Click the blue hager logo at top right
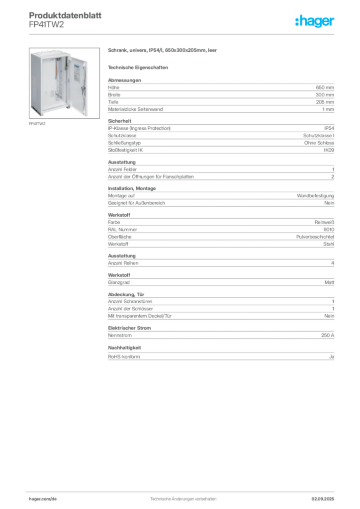pos(315,21)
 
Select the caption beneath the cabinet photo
pos(37,124)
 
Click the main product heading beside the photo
pos(163,51)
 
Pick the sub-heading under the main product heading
pos(139,67)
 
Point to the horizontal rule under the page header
pos(183,34)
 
